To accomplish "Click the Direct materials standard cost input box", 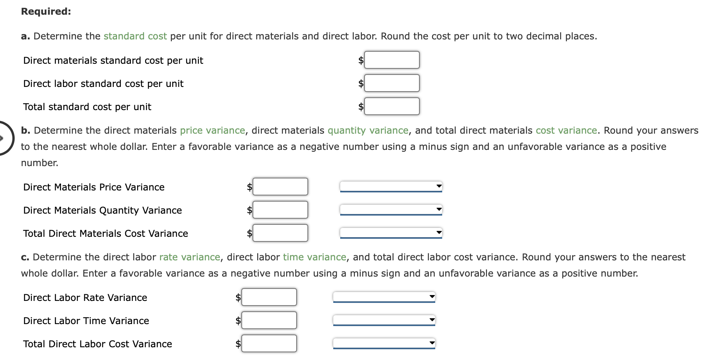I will coord(392,60).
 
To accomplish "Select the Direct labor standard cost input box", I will coord(392,83).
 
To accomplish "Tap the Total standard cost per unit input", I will coord(392,106).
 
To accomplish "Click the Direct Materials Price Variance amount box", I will coord(280,187).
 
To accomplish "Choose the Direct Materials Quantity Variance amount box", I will coord(280,210).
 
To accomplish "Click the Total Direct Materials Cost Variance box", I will coord(280,233).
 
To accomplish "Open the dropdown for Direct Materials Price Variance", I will coord(391,186).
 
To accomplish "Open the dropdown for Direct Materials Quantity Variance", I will coord(391,209).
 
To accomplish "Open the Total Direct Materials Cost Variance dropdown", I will coord(391,233).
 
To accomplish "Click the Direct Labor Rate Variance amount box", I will coord(269,297).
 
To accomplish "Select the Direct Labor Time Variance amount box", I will coord(269,320).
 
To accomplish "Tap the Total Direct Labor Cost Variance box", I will coord(269,343).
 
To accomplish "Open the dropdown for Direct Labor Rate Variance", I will coord(384,297).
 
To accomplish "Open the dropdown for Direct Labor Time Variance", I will coord(384,320).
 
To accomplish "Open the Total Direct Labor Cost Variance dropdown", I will coord(384,343).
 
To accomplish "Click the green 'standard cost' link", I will coord(135,36).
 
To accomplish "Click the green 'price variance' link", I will coord(212,131).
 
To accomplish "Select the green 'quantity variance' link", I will coord(368,131).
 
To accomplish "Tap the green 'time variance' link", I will coord(314,257).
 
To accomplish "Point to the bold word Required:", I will coord(46,12).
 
